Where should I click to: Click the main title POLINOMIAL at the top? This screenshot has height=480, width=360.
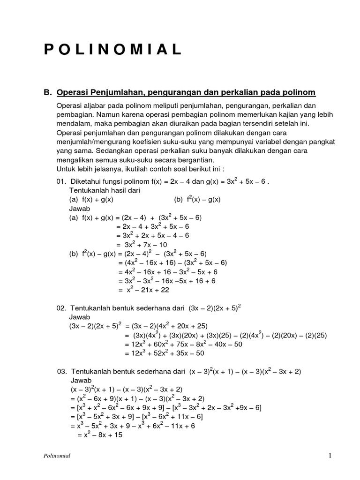(x=113, y=50)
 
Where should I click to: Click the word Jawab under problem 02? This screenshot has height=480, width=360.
(x=79, y=317)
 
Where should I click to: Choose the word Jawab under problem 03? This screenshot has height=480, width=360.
(x=81, y=380)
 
